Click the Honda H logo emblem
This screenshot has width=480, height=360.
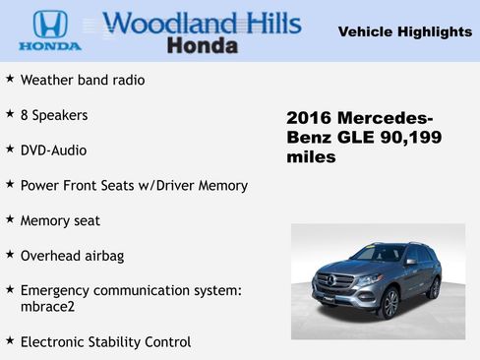click(50, 24)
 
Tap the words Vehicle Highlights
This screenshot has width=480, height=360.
click(404, 31)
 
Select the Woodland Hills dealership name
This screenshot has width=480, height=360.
click(202, 23)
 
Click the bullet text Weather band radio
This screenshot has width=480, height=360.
click(83, 80)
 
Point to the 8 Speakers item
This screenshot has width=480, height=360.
click(54, 115)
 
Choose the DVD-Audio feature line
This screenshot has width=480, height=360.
click(53, 150)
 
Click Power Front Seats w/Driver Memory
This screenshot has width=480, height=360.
click(134, 185)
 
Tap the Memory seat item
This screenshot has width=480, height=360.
click(60, 220)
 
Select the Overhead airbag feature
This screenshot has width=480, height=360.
click(72, 256)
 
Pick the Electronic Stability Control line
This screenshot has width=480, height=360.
click(105, 341)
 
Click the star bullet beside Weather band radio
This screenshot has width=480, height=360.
click(10, 79)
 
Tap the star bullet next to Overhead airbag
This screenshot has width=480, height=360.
click(10, 255)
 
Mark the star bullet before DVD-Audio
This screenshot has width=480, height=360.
click(10, 150)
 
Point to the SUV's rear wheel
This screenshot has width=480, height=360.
click(434, 287)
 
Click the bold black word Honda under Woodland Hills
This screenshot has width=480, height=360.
click(202, 45)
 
